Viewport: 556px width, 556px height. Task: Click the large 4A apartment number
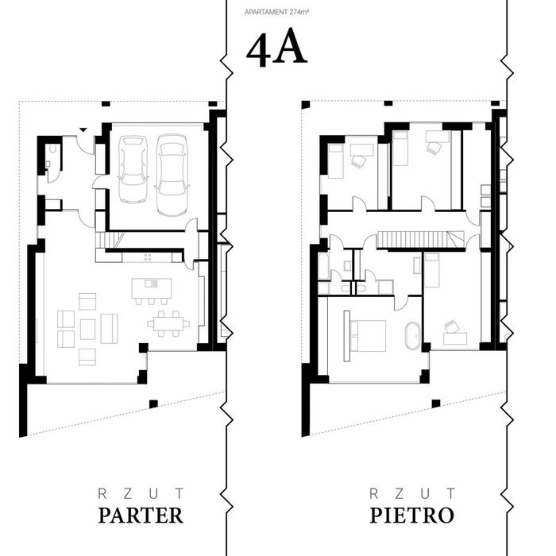point(276,47)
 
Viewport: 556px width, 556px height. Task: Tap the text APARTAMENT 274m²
point(276,12)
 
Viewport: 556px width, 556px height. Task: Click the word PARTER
point(141,515)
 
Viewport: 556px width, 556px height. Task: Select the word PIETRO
point(411,515)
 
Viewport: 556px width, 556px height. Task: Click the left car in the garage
point(133,169)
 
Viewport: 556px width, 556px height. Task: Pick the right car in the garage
point(172,175)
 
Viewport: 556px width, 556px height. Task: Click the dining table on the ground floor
point(168,324)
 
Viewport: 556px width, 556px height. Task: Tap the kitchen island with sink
point(152,288)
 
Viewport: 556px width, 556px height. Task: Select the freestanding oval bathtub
point(412,336)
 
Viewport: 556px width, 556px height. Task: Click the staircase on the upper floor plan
point(420,239)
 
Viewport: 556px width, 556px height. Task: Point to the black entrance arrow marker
point(83,129)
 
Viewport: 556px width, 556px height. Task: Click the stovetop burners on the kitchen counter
point(148,257)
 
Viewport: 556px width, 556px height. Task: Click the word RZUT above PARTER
point(141,493)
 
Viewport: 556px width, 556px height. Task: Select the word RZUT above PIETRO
point(412,493)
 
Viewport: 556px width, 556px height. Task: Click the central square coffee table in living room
point(87,329)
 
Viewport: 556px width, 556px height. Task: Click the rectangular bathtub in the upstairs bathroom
point(323,266)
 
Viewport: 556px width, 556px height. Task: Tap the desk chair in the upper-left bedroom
point(358,162)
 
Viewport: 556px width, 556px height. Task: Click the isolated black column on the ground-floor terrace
point(153,403)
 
